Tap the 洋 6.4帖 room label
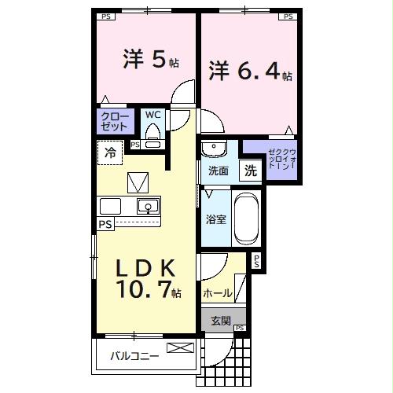[250, 72]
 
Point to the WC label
[153, 115]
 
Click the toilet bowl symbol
[153, 134]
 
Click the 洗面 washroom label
[218, 171]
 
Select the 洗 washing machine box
[249, 170]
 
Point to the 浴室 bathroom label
[216, 219]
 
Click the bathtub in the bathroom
[245, 219]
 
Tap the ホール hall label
[217, 293]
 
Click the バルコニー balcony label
[134, 355]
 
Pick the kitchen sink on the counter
[147, 208]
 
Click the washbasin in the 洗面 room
[213, 149]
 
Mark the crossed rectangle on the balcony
[180, 347]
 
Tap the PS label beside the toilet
[135, 145]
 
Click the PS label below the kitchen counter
[105, 224]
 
